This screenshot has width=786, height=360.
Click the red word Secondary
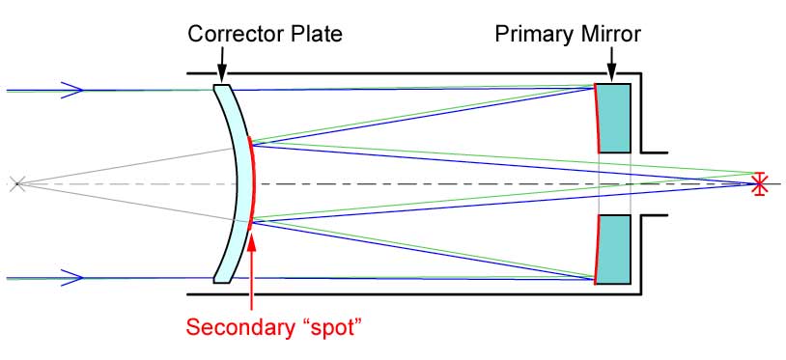[x=237, y=325]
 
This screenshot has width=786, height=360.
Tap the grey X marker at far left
[x=14, y=182]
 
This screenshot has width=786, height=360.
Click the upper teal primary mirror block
[x=614, y=118]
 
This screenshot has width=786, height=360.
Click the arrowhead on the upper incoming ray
[x=73, y=90]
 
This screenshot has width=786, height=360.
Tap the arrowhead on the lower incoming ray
[x=73, y=278]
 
